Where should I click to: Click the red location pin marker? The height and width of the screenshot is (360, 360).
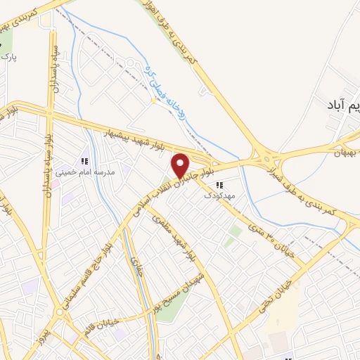(181, 165)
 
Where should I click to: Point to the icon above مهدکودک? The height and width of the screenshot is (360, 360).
(219, 185)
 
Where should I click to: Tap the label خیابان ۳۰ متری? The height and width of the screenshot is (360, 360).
(271, 242)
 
